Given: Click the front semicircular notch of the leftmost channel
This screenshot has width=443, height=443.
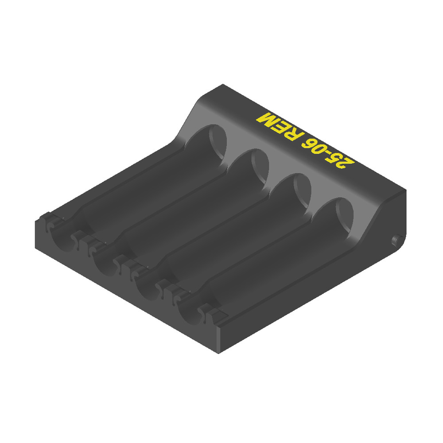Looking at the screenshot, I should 59,237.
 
